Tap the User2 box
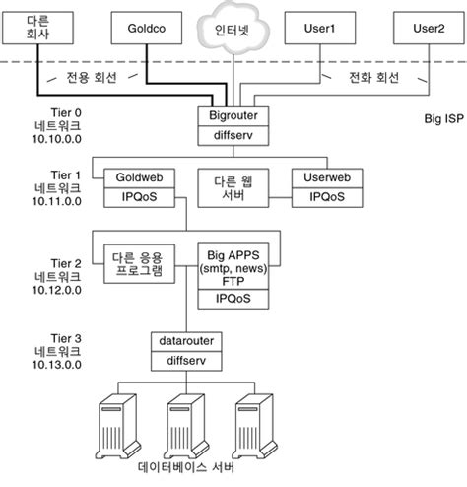(x=427, y=31)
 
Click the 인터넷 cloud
(x=229, y=29)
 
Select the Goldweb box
(x=139, y=179)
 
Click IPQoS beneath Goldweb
(x=139, y=197)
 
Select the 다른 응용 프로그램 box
(x=139, y=264)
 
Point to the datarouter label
(x=186, y=342)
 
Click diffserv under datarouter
(x=186, y=360)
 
